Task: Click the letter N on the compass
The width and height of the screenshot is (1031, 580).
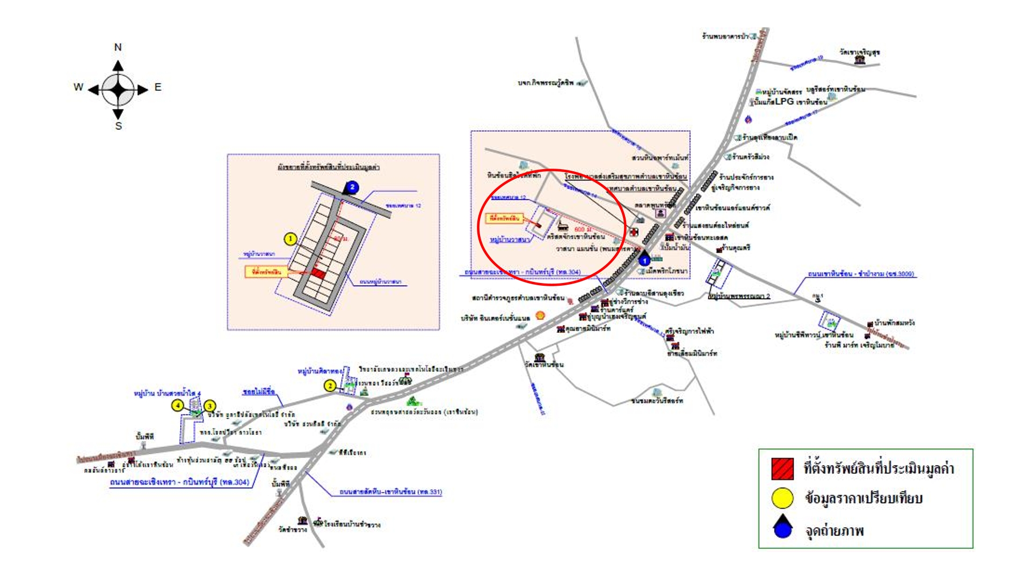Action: point(118,47)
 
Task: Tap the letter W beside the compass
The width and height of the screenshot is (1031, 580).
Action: point(78,87)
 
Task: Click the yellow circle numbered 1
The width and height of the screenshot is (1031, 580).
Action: point(291,239)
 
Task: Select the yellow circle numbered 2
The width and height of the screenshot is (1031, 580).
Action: point(330,386)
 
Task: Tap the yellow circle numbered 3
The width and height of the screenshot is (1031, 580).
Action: point(210,406)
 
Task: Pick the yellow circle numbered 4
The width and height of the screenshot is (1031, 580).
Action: point(178,405)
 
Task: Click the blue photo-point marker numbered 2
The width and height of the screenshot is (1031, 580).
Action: point(352,187)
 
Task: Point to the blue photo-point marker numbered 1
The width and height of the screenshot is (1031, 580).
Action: point(644,260)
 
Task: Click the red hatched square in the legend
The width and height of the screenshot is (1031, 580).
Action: point(782,468)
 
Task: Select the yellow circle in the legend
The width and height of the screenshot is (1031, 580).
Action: point(782,498)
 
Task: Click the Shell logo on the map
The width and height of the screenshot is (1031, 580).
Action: point(540,315)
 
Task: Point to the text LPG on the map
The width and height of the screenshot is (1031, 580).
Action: point(785,101)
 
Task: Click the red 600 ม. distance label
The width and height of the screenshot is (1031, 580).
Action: point(582,229)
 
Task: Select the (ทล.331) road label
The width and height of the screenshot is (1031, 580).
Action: point(430,492)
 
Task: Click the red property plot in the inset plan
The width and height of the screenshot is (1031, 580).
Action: point(319,274)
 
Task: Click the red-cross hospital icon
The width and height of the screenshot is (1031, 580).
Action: point(634,231)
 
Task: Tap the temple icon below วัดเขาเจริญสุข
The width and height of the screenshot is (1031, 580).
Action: point(860,60)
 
